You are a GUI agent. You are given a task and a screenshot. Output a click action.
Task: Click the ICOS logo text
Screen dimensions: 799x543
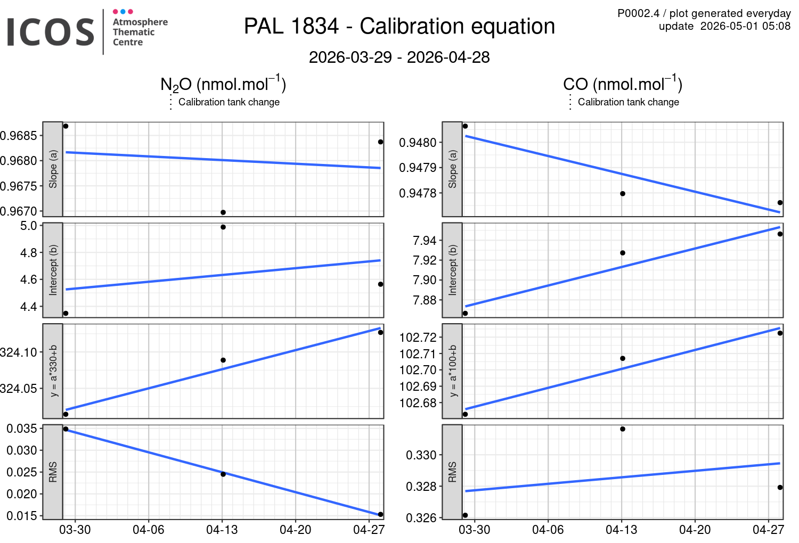(50, 32)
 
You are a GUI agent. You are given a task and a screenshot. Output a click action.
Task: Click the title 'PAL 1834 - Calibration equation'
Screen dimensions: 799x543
(399, 26)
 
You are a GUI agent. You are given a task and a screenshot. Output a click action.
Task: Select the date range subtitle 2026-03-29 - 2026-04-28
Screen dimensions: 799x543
(399, 57)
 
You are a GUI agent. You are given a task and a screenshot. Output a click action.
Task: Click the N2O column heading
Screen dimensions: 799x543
(223, 84)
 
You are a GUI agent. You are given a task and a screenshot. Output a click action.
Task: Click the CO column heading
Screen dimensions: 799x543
(623, 84)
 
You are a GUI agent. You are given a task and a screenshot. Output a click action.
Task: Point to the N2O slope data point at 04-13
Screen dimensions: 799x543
(223, 212)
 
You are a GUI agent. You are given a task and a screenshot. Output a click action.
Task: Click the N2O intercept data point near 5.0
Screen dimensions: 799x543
(223, 227)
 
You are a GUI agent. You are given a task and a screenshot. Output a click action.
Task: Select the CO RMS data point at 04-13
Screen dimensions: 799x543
(623, 429)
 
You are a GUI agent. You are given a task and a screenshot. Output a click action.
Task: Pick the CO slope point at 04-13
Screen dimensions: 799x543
(623, 194)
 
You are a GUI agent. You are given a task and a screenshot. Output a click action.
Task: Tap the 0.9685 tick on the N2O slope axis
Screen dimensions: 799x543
(19, 136)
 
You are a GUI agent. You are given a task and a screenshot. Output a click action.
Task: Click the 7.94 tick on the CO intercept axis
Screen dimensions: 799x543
(425, 241)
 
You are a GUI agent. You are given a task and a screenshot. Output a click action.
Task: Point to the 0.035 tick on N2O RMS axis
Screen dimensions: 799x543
(22, 429)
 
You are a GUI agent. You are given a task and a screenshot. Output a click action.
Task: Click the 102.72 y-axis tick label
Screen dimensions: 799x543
(418, 338)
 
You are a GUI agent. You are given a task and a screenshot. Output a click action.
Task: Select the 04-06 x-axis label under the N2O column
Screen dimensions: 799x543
(149, 530)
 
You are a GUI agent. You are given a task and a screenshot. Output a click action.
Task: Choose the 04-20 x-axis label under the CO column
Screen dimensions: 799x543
(695, 530)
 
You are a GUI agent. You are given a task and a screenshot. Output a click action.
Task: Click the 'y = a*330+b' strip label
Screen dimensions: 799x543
(53, 371)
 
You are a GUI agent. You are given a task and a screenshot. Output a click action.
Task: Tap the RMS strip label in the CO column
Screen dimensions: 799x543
(452, 472)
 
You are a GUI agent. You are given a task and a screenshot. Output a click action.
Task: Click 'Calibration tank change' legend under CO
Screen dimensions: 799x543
(629, 102)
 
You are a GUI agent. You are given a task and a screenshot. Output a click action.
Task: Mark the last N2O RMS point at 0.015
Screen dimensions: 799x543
(381, 514)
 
